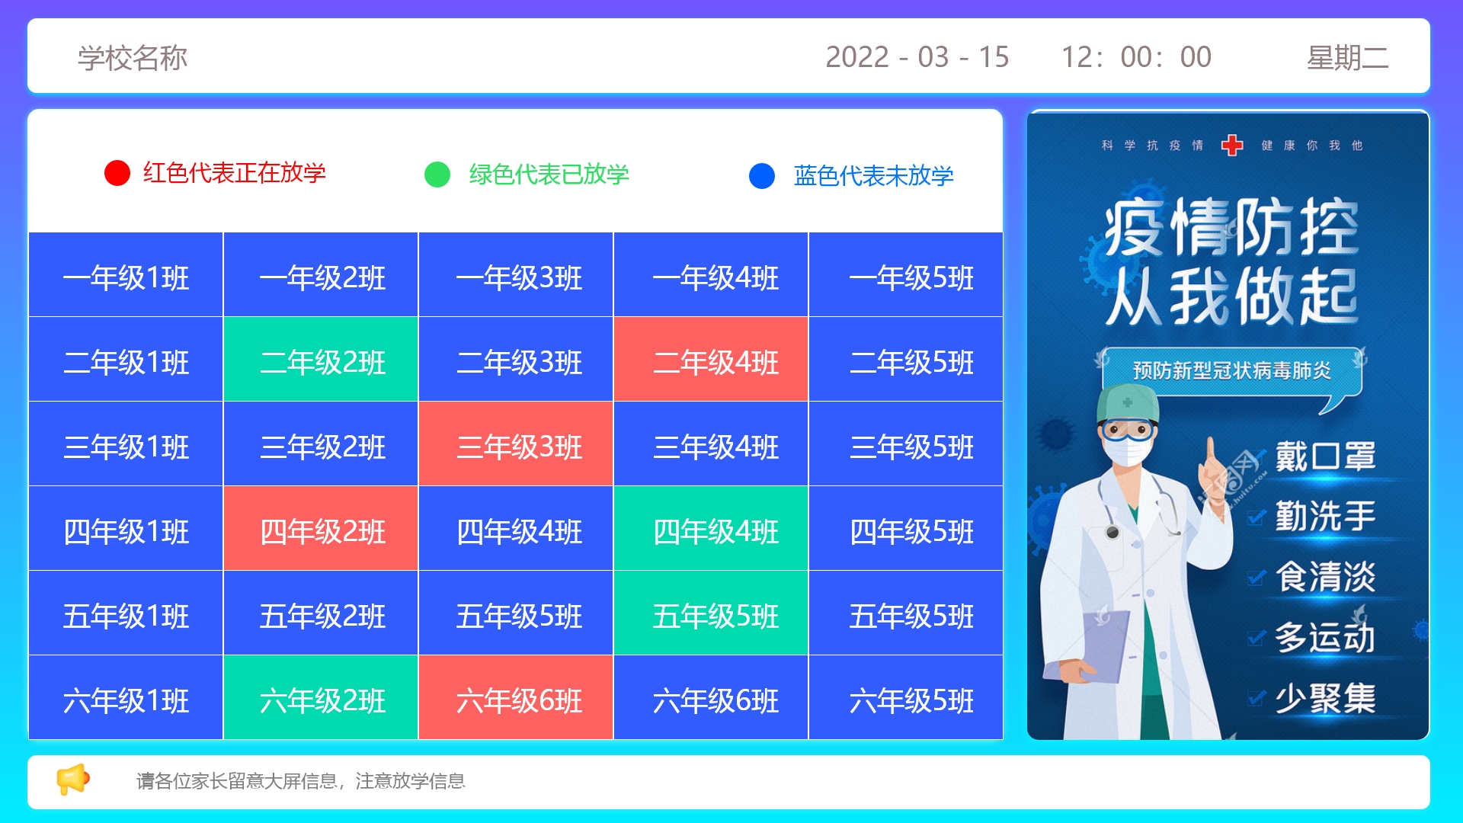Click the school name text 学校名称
133,58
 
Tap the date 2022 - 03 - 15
917,57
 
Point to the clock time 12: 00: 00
1136,57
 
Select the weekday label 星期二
1347,58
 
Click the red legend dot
117,173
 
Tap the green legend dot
437,175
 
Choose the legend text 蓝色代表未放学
873,176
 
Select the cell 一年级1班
126,274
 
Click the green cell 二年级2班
321,359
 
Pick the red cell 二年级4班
711,359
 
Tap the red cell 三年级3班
516,444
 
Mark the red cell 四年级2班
321,528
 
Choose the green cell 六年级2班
321,697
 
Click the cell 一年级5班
906,274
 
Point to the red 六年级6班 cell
516,697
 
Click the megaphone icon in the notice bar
73,780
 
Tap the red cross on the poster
1232,145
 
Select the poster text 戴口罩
1326,457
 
